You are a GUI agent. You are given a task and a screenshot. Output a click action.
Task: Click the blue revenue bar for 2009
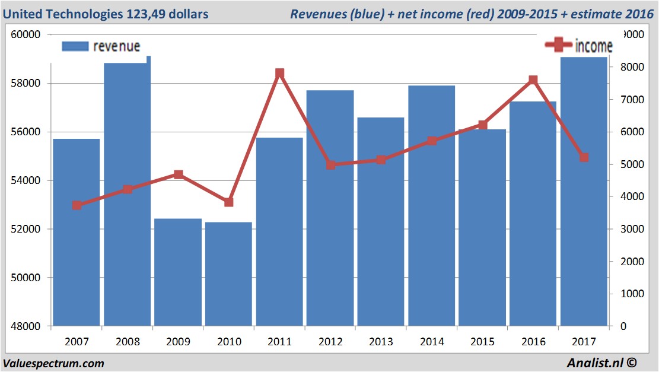point(178,272)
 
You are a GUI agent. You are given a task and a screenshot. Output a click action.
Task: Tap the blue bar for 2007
point(77,232)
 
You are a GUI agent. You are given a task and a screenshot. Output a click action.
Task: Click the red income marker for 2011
point(280,74)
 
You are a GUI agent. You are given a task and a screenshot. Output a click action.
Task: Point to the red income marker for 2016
point(533,80)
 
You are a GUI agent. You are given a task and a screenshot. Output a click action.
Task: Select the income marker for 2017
point(584,157)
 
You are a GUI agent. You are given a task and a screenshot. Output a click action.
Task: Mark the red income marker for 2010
point(229,202)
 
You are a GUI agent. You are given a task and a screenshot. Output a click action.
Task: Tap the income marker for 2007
point(77,205)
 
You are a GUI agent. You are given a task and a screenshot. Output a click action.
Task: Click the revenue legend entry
point(101,46)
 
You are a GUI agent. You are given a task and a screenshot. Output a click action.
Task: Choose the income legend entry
point(579,45)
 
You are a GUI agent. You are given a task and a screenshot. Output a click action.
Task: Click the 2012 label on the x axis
point(330,342)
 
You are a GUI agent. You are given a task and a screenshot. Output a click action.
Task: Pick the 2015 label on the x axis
point(482,342)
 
